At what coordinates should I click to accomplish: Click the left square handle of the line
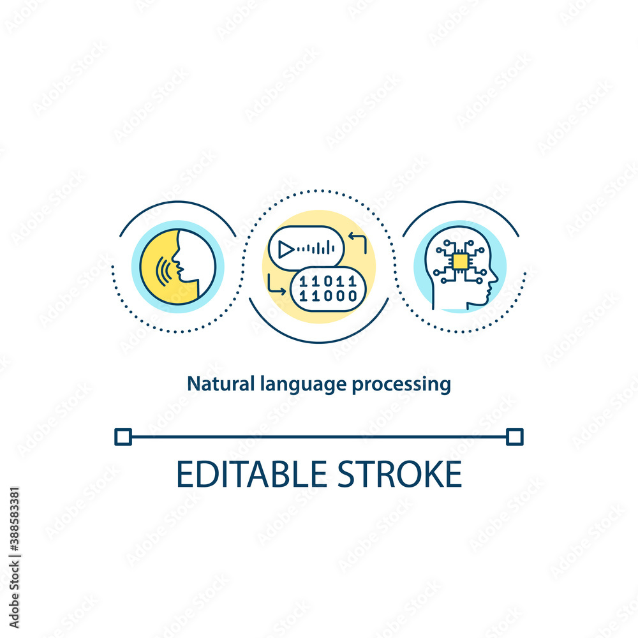pos(122,436)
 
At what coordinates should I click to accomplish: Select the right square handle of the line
pos(514,436)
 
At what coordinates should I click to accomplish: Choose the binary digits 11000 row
pos(329,295)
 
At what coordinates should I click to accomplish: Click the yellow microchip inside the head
pos(459,261)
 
